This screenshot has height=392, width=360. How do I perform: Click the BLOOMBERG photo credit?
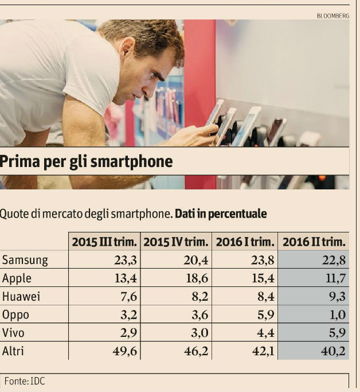click(332, 15)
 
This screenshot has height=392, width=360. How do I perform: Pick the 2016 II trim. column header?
click(314, 242)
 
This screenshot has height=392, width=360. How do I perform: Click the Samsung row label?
click(25, 260)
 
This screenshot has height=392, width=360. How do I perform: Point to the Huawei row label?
click(22, 296)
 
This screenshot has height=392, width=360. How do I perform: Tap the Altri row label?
click(14, 351)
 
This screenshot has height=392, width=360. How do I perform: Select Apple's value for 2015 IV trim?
click(195, 278)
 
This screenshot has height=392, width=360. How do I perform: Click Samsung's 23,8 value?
click(261, 260)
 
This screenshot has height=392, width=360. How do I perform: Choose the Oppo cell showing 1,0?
click(338, 315)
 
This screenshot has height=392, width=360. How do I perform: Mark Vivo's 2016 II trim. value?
click(336, 333)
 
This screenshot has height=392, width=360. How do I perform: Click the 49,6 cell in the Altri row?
click(124, 351)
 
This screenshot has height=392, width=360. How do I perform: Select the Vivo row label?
click(14, 333)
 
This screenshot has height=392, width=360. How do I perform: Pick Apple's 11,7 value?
click(335, 278)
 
